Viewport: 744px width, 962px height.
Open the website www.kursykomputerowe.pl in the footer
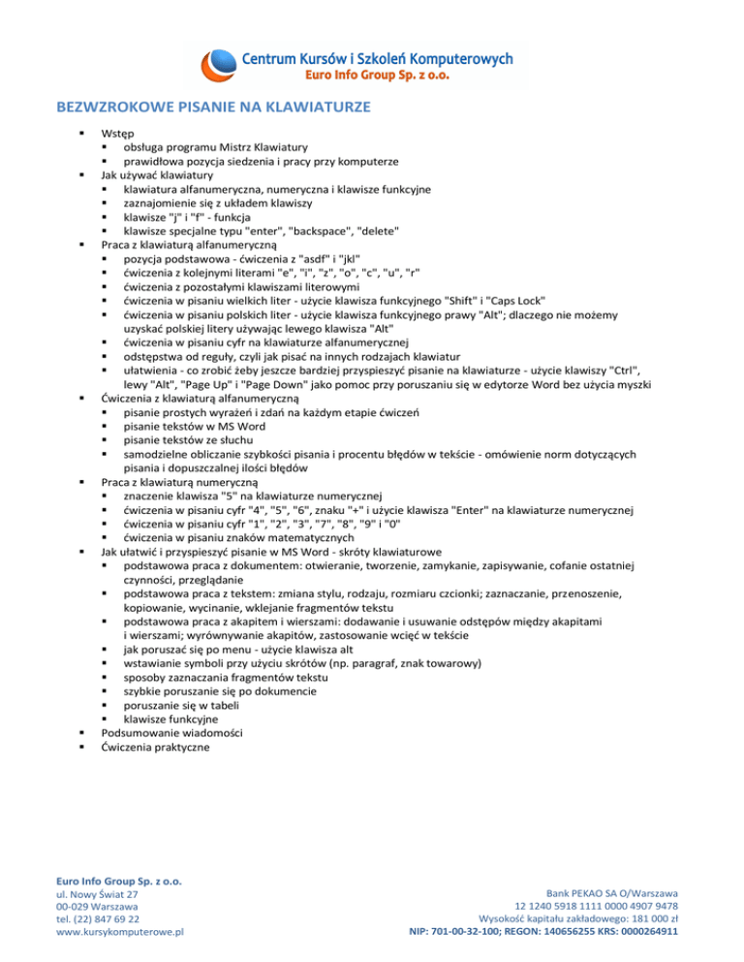[121, 931]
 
